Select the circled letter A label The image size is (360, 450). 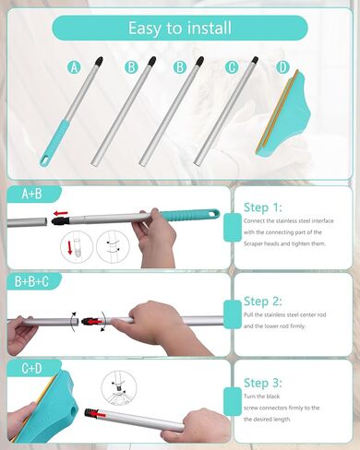76,66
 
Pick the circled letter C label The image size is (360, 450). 231,66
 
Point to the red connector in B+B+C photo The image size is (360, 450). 90,323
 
